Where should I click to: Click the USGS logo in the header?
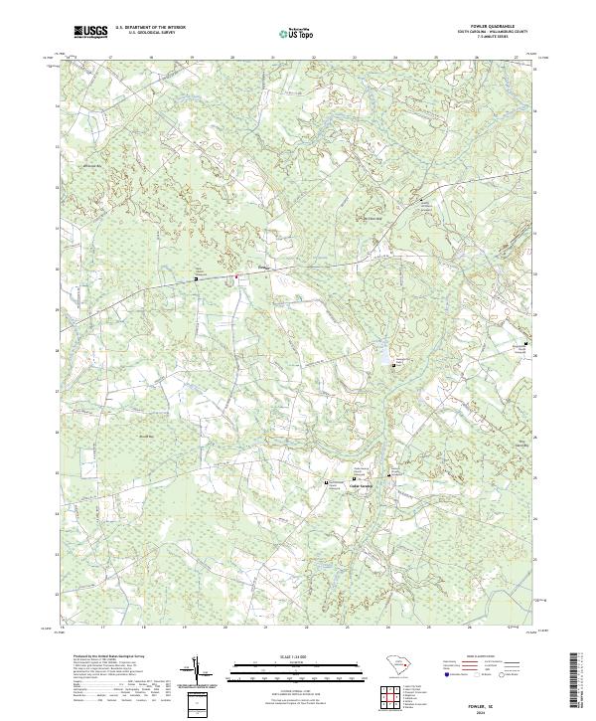click(90, 32)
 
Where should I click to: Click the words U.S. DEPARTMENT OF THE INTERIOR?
click(150, 27)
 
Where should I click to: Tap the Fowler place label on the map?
click(263, 267)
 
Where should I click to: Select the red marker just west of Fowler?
click(236, 276)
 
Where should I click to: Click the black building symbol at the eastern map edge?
click(524, 342)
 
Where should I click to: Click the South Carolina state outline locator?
click(395, 664)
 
